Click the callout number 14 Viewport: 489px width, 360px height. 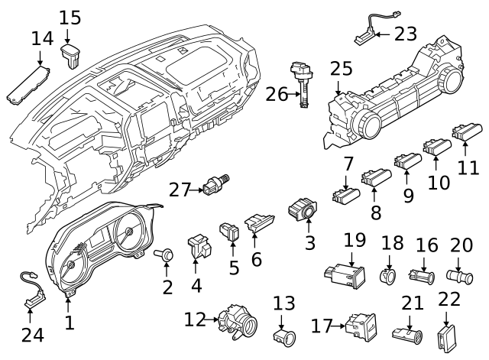[x=43, y=38]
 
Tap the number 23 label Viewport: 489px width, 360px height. [x=406, y=33]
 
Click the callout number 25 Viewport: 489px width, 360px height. [x=342, y=68]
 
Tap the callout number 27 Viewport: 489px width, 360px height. [x=180, y=189]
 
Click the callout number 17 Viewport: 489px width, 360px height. [x=321, y=326]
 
